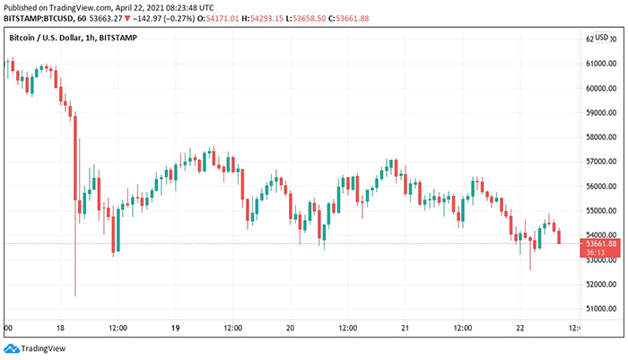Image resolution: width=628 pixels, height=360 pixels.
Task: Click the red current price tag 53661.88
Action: click(x=601, y=243)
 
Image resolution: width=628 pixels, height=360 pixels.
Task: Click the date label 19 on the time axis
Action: click(x=175, y=328)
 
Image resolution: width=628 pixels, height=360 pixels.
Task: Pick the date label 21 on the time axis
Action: click(x=405, y=328)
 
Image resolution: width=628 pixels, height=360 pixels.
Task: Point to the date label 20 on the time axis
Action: click(x=290, y=328)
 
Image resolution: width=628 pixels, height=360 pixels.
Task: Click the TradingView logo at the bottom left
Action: click(x=26, y=349)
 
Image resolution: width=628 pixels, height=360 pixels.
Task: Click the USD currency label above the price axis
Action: click(x=602, y=39)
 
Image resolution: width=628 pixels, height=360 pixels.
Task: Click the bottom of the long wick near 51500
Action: click(x=75, y=295)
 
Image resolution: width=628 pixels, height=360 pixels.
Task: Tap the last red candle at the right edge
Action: click(x=559, y=237)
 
